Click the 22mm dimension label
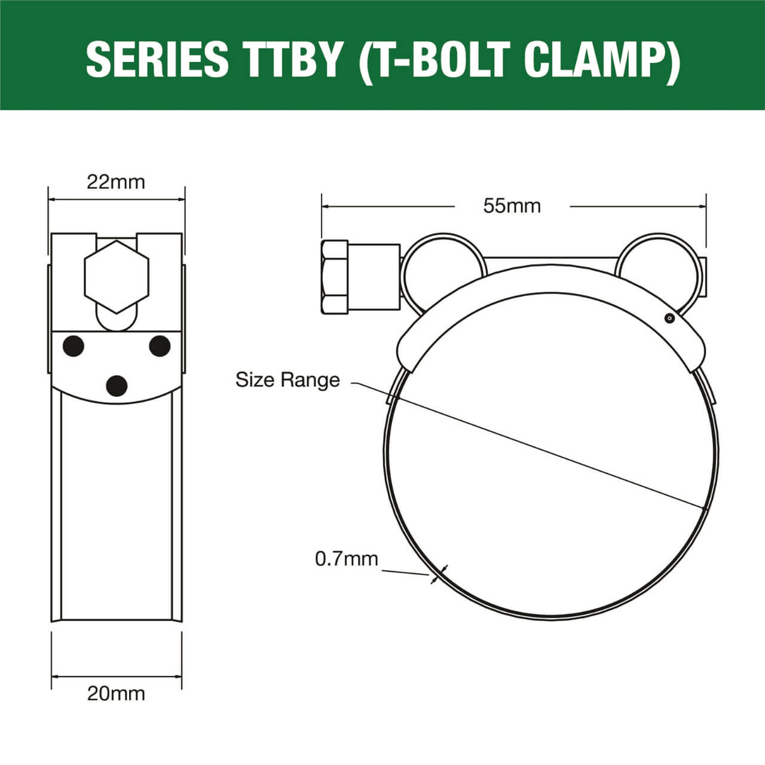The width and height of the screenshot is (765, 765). pos(116,182)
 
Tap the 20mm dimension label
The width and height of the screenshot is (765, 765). pos(116,693)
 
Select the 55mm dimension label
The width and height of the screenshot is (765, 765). pos(512,206)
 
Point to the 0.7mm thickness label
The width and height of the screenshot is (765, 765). pos(347,559)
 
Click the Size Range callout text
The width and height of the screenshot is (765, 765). pos(287,380)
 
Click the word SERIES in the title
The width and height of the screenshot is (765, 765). pos(157,59)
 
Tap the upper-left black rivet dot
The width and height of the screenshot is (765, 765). pos(74,345)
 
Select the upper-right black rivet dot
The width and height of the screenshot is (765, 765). pos(160,346)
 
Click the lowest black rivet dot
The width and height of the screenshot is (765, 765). pos(117,385)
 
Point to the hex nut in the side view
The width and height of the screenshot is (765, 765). pos(335,277)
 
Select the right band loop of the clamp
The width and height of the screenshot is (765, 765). pos(656,263)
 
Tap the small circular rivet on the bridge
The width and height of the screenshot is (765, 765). pos(670,319)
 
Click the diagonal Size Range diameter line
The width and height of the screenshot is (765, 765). pos(538,448)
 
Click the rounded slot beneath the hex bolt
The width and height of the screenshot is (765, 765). pos(117,320)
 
